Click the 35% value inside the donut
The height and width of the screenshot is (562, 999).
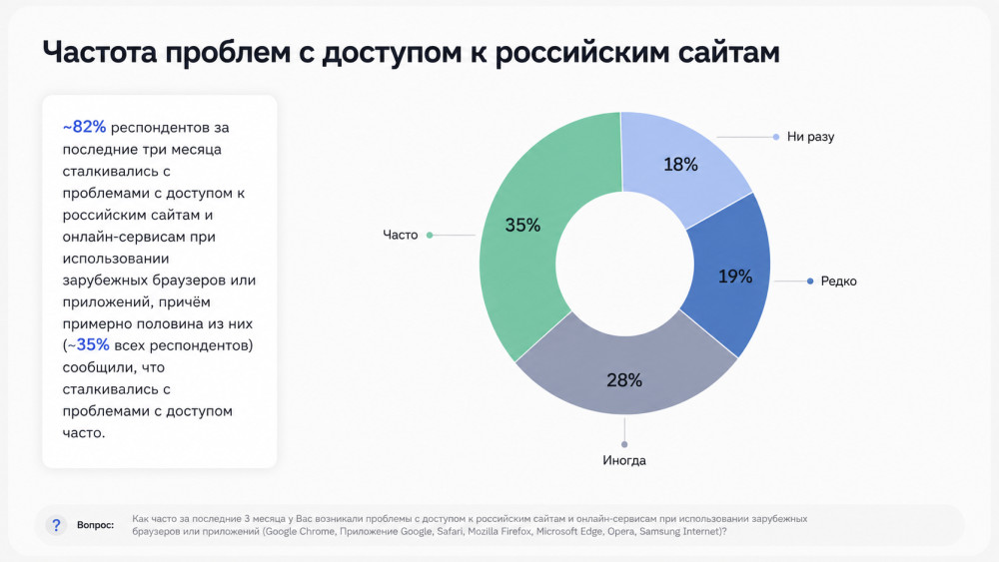[x=522, y=225]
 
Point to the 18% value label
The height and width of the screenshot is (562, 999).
[x=680, y=165]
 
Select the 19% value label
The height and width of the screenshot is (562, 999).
[x=735, y=277]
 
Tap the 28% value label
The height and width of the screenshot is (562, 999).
[x=624, y=380]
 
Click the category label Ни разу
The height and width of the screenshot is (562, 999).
[x=810, y=137]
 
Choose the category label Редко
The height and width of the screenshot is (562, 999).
[x=838, y=281]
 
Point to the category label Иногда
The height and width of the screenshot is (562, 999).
[x=624, y=460]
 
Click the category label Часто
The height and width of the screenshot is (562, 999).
[x=401, y=235]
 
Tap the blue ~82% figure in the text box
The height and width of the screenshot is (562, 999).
[x=84, y=127]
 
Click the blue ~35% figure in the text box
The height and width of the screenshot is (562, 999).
[x=89, y=345]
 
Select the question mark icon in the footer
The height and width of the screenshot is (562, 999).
[x=56, y=525]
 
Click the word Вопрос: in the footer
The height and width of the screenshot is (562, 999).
[x=96, y=525]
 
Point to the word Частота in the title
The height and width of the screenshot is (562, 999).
[x=99, y=52]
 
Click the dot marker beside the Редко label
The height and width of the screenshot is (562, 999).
[x=810, y=281]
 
